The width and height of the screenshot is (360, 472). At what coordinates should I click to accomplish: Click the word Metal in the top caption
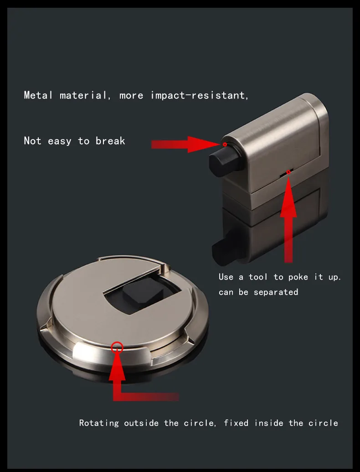[38, 95]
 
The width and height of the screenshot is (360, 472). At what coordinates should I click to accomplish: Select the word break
[110, 141]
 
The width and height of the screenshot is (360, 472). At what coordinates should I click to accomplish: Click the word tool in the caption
[258, 277]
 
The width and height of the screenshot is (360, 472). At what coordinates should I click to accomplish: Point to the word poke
[298, 277]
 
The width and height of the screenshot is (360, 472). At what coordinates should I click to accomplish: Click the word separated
[276, 292]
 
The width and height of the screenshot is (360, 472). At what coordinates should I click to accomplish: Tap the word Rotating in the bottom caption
[99, 423]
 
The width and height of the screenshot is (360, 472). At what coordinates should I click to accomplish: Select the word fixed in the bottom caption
[236, 423]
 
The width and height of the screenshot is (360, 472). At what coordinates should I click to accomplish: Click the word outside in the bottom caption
[141, 423]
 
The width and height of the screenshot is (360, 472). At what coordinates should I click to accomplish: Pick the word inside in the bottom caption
[269, 423]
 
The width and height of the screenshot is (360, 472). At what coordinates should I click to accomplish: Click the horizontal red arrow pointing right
[186, 145]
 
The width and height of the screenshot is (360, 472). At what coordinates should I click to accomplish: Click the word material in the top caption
[83, 95]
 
